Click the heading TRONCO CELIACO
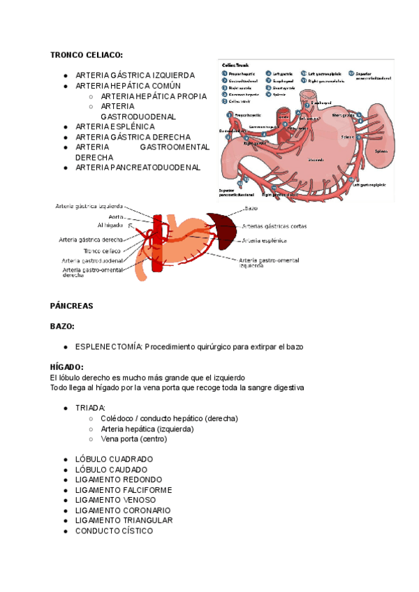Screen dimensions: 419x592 pyautogui.click(x=87, y=54)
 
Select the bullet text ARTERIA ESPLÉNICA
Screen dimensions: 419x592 pyautogui.click(x=115, y=126)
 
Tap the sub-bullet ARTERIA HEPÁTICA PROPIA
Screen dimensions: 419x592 pyautogui.click(x=154, y=96)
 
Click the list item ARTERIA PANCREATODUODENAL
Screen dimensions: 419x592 pyautogui.click(x=138, y=168)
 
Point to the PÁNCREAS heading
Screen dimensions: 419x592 pyautogui.click(x=71, y=306)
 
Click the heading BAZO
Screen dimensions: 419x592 pyautogui.click(x=62, y=326)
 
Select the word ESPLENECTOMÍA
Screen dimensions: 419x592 pyautogui.click(x=108, y=346)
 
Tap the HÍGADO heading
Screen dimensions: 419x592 pyautogui.click(x=67, y=367)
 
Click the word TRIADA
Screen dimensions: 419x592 pyautogui.click(x=90, y=408)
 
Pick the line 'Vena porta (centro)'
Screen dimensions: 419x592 pyautogui.click(x=134, y=439)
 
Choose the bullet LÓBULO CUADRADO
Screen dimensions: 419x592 pyautogui.click(x=114, y=459)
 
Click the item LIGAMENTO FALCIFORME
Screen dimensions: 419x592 pyautogui.click(x=124, y=489)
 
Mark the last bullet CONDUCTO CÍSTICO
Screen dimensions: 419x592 pyautogui.click(x=114, y=531)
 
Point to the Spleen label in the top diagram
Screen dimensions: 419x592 pyautogui.click(x=381, y=151)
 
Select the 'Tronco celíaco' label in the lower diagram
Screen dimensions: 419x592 pyautogui.click(x=103, y=250)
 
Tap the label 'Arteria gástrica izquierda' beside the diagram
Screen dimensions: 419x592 pyautogui.click(x=89, y=207)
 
